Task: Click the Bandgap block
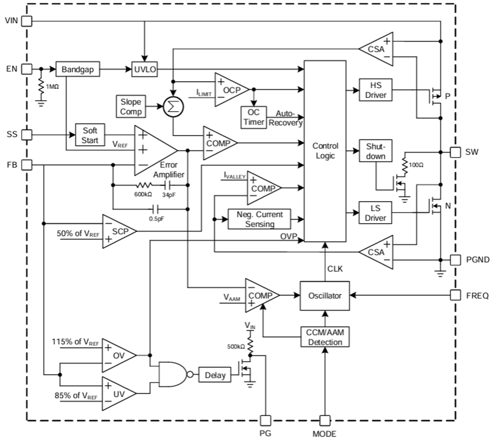[x=78, y=70]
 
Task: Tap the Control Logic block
[x=325, y=151]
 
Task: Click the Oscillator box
[x=325, y=296]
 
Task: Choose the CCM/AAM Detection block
[x=325, y=337]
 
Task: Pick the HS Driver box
[x=374, y=90]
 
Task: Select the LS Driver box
[x=374, y=213]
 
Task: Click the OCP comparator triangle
[x=230, y=89]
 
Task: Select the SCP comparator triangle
[x=118, y=230]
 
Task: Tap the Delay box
[x=214, y=375]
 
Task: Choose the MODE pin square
[x=325, y=420]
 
